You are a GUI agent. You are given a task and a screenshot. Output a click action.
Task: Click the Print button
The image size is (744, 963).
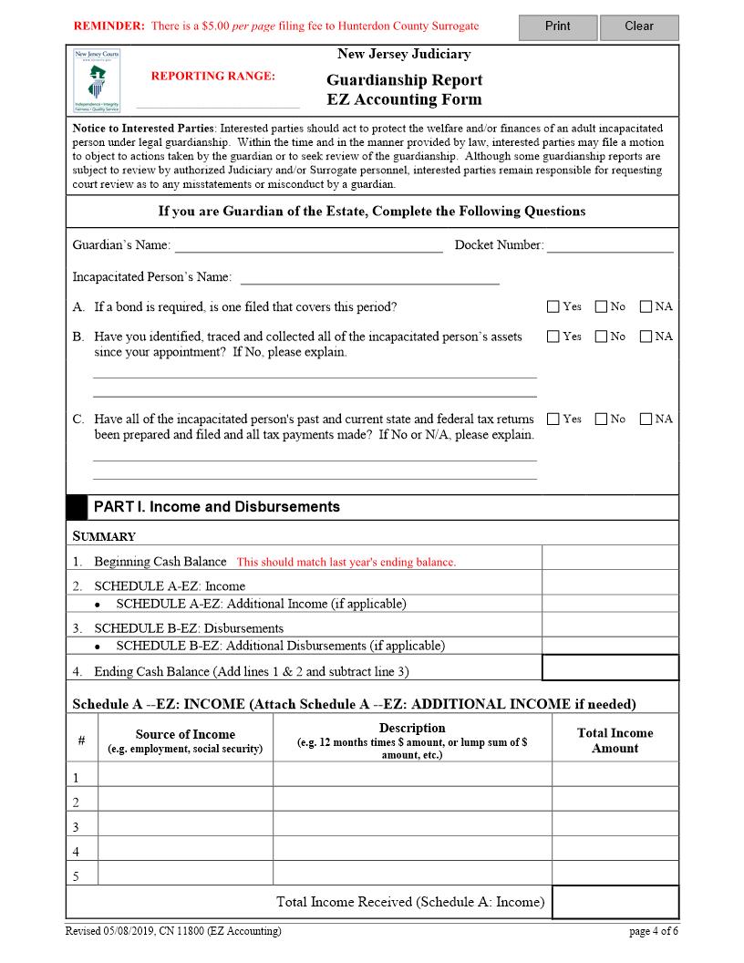tap(557, 26)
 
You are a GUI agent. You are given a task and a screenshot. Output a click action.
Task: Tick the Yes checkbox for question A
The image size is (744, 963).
tap(553, 306)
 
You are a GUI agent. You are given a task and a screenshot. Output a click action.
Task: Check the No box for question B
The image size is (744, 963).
tap(601, 337)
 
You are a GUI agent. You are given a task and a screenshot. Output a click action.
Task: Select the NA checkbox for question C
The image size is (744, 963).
tap(646, 419)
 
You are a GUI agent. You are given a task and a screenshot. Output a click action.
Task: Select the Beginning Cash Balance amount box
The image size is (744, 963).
tap(610, 557)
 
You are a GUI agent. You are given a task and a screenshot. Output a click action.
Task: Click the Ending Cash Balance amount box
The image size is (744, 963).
tap(610, 668)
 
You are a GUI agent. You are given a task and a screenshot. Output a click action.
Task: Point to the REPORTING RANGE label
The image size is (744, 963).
tap(212, 76)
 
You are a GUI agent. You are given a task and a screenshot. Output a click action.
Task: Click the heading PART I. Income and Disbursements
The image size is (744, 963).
tap(216, 507)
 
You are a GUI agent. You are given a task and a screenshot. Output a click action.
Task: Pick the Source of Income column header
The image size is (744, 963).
tap(185, 740)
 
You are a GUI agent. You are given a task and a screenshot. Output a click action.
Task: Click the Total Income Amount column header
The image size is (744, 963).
tap(615, 740)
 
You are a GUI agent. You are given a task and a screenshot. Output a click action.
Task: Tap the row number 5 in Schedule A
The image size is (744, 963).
tap(77, 876)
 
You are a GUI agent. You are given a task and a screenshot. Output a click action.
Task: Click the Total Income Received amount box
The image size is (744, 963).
tap(615, 902)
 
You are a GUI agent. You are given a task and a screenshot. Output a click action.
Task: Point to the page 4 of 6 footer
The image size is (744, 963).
tap(654, 931)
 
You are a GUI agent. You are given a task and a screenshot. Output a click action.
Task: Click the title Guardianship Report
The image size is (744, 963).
tap(404, 80)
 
